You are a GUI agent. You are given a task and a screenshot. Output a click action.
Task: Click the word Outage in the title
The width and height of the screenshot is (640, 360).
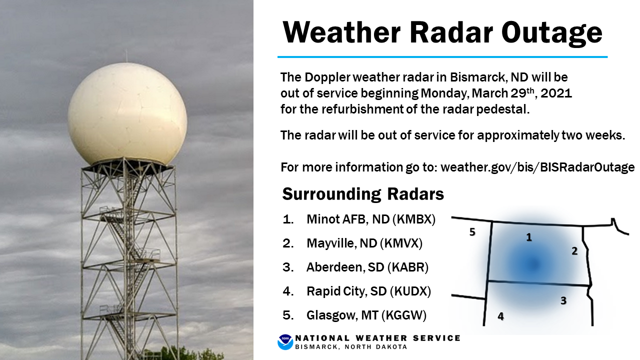pyautogui.click(x=551, y=33)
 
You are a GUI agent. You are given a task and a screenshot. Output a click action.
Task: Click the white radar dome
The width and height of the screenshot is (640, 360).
pyautogui.click(x=127, y=114)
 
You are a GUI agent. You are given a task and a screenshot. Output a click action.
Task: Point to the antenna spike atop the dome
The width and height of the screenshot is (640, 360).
pyautogui.click(x=126, y=55)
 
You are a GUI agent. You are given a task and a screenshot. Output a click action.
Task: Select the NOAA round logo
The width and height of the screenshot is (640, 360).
pyautogui.click(x=285, y=342)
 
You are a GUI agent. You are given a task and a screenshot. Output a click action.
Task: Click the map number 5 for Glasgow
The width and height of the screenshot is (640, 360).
pyautogui.click(x=472, y=232)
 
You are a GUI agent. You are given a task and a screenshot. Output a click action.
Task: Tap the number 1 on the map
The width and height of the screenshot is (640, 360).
pyautogui.click(x=529, y=237)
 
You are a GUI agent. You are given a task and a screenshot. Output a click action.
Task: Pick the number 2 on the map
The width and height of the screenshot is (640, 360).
pyautogui.click(x=574, y=251)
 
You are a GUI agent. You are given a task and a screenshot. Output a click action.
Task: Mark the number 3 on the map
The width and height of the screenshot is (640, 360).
pyautogui.click(x=563, y=300)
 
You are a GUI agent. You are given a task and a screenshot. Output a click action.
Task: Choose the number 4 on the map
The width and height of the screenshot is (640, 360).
pyautogui.click(x=500, y=316)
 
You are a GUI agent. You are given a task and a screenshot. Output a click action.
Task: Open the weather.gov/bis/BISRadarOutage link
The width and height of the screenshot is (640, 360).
pyautogui.click(x=537, y=167)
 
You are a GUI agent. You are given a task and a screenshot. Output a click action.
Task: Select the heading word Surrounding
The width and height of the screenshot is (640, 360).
pyautogui.click(x=331, y=195)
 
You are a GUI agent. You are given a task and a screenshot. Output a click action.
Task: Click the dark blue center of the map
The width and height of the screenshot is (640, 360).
pyautogui.click(x=533, y=264)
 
